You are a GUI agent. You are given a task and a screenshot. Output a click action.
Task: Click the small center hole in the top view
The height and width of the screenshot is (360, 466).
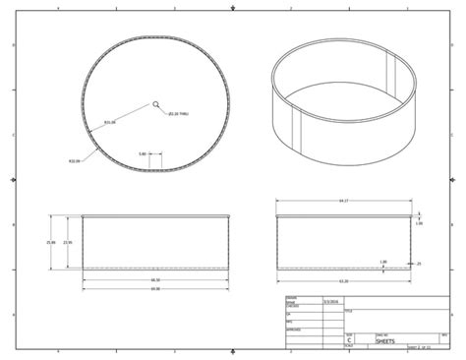[x=156, y=103]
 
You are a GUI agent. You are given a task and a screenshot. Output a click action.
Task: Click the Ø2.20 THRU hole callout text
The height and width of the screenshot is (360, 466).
[x=178, y=115]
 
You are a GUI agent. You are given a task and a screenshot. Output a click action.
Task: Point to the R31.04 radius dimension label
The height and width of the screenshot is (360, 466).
[x=110, y=123]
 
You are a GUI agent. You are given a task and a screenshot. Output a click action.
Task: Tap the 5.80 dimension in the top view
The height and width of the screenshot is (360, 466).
[x=143, y=153]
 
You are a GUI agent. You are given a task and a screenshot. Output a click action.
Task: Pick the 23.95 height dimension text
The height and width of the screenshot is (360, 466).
[x=67, y=242]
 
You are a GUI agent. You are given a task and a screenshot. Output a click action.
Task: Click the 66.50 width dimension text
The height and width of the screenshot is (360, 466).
[x=155, y=279]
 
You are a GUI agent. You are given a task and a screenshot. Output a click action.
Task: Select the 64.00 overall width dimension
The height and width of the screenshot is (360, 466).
[x=155, y=289]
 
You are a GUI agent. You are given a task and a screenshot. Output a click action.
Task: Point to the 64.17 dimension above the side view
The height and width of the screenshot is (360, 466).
[x=343, y=201]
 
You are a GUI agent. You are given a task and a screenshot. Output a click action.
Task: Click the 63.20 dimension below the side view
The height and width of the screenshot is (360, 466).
[x=343, y=280]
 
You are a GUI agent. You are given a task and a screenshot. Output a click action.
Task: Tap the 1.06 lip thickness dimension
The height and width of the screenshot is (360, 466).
[x=419, y=223]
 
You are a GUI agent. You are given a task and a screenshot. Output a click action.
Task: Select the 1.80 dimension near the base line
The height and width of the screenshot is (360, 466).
[x=382, y=261]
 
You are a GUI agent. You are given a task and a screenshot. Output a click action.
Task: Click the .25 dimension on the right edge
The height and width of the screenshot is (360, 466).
[x=419, y=264]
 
